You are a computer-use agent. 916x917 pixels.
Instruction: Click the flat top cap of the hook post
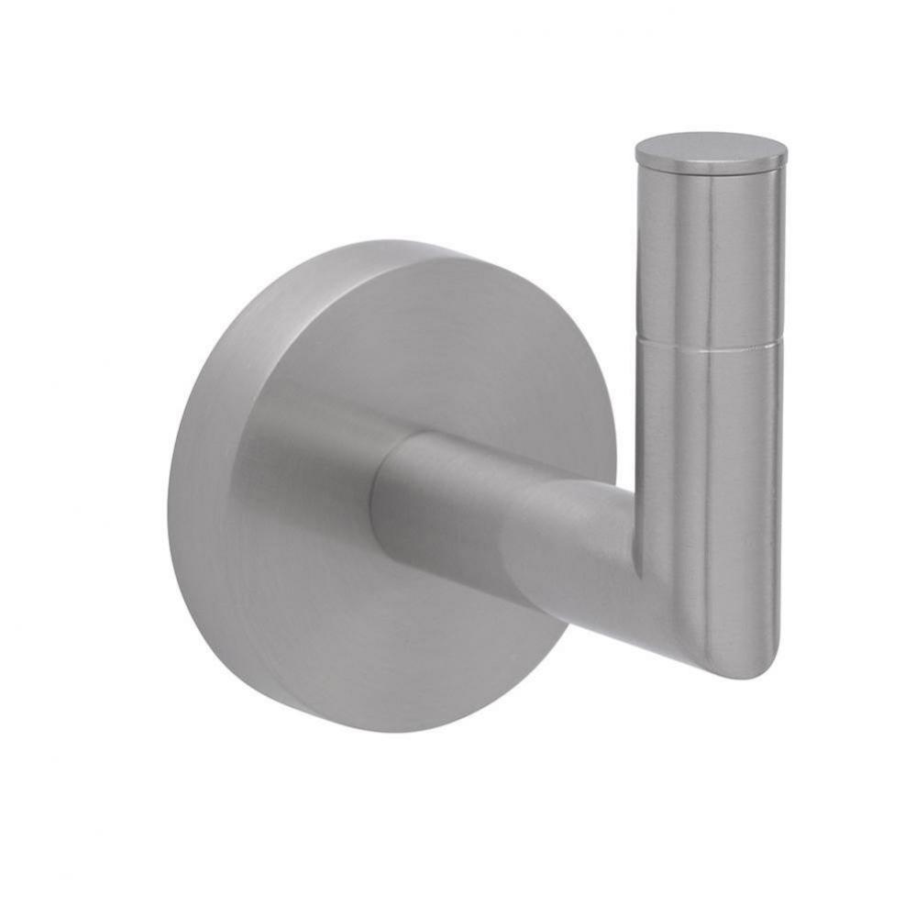click(711, 149)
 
